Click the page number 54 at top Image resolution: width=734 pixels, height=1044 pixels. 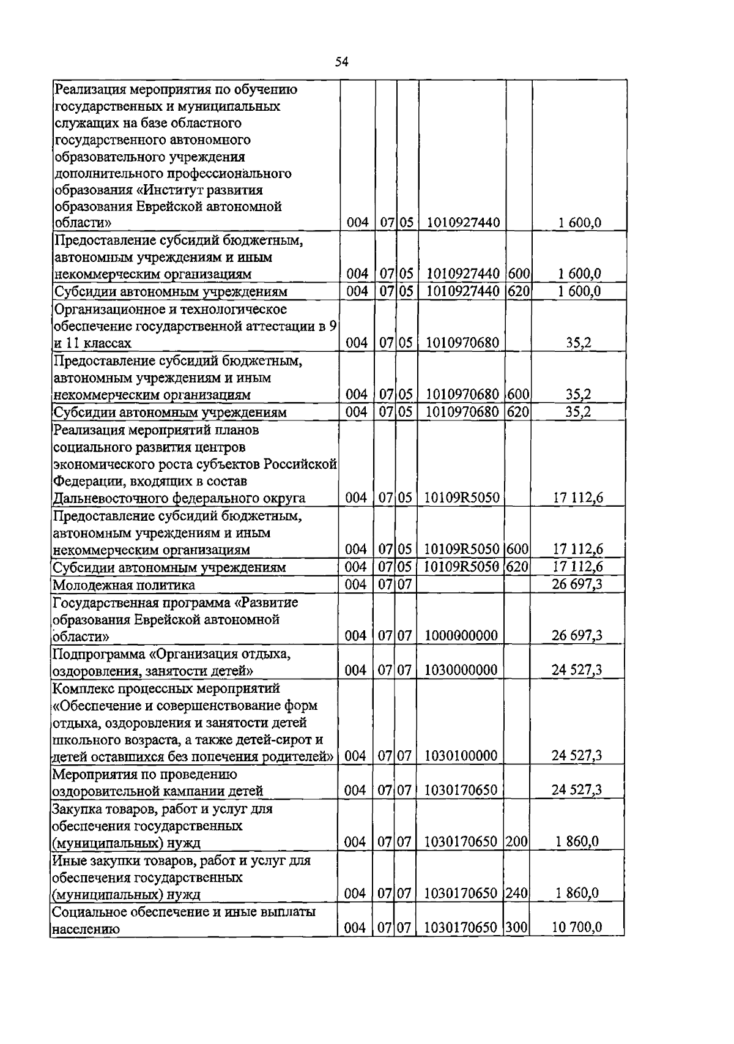(x=342, y=61)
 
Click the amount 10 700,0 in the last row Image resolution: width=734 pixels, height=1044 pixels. (x=577, y=928)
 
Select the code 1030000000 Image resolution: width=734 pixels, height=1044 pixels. (x=461, y=670)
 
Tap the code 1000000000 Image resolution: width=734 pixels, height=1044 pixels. (x=461, y=636)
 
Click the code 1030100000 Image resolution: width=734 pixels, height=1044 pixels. (x=461, y=756)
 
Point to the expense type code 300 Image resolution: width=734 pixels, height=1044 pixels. (x=517, y=928)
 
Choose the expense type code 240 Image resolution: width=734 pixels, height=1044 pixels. (x=517, y=893)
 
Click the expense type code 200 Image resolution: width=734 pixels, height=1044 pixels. (x=517, y=842)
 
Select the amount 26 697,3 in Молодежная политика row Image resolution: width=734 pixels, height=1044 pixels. (x=577, y=584)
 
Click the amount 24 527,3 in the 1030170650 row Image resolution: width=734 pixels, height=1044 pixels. (x=577, y=790)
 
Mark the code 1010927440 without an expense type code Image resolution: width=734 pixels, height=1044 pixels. (x=463, y=223)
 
